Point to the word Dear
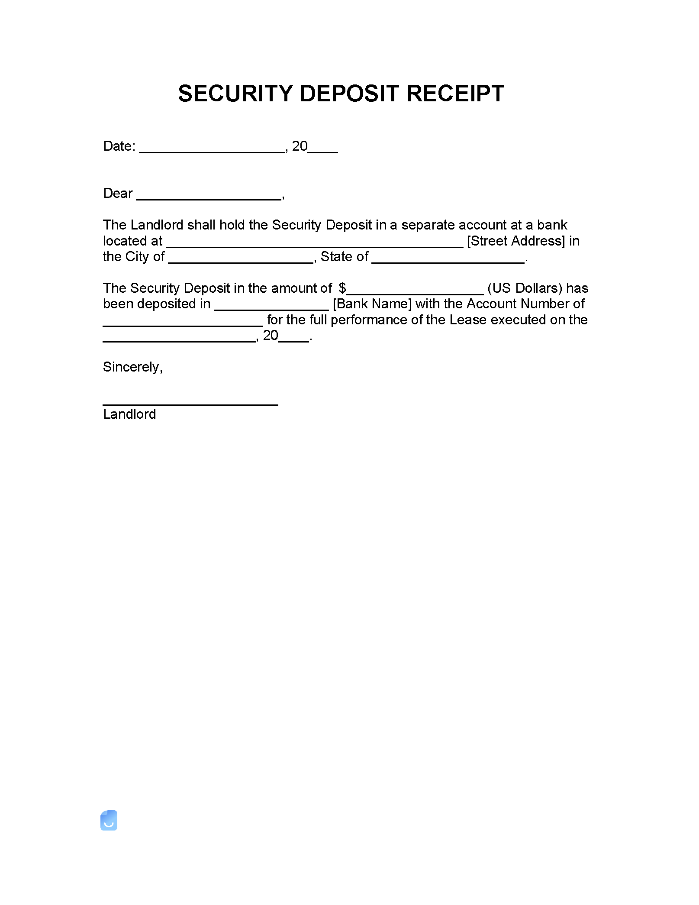pos(118,193)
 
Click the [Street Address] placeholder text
pos(516,241)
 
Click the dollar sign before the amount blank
pos(342,288)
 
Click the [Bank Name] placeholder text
pos(372,304)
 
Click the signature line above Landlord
pos(190,403)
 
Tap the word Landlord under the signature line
pos(129,414)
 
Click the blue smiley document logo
pos(109,820)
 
